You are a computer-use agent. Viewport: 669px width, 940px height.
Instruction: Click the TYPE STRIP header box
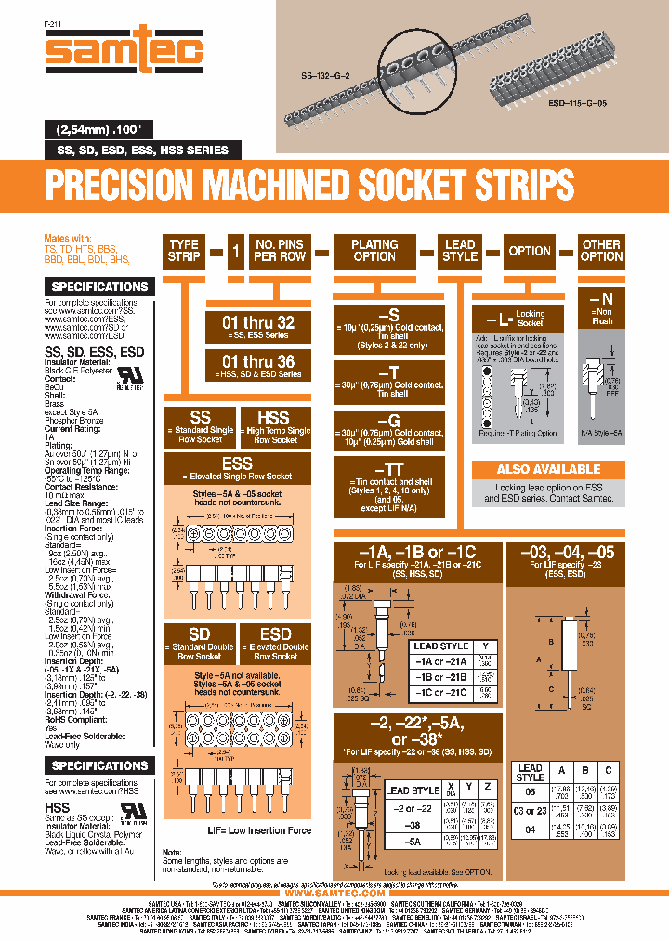183,251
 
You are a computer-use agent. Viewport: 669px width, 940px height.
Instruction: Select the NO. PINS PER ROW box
280,251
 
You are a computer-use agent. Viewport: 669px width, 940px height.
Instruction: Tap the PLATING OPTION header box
374,251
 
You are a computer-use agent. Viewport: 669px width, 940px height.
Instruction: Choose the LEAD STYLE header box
460,251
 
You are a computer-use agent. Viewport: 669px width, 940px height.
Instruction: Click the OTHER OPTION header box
601,251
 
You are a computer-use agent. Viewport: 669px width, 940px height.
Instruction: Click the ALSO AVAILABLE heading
548,469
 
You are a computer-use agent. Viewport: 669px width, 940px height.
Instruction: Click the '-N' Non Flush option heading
601,299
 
